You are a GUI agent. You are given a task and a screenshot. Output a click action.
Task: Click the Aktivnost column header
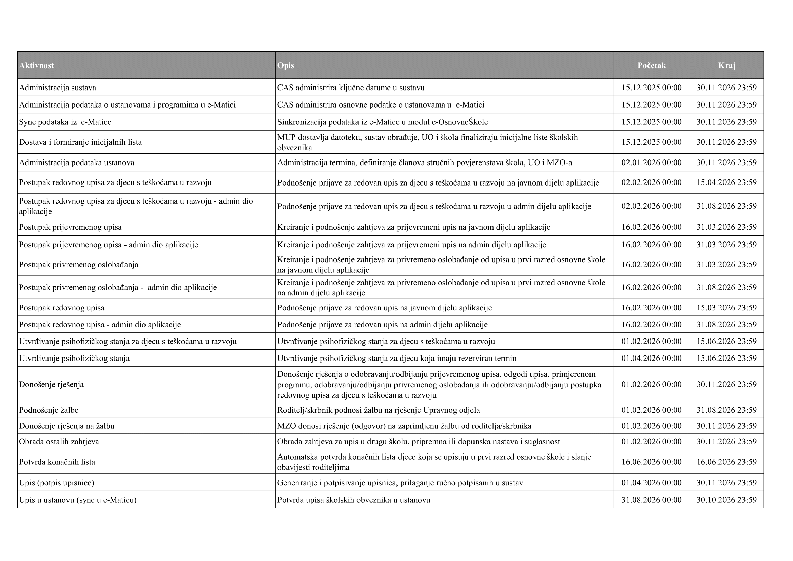tap(37, 66)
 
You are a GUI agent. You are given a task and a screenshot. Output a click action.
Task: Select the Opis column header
tap(286, 66)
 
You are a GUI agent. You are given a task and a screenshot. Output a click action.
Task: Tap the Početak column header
tap(651, 66)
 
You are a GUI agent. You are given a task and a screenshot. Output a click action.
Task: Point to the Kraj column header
tap(727, 66)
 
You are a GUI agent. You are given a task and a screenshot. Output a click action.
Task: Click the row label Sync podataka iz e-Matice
tap(65, 122)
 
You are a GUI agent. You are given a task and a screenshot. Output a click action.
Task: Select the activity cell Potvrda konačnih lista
tap(57, 462)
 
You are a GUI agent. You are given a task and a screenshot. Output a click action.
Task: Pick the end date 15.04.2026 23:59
tap(727, 182)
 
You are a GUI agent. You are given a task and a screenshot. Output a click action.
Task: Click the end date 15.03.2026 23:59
tap(727, 308)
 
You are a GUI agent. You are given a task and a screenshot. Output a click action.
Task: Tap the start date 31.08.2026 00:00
tap(651, 500)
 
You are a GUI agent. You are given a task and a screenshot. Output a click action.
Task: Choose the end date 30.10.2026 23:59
tap(727, 500)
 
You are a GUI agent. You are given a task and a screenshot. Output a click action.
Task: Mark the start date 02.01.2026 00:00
tap(651, 163)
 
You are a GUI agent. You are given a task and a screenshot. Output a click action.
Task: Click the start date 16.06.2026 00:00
tap(651, 462)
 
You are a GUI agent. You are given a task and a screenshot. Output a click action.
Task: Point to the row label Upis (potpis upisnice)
tap(57, 483)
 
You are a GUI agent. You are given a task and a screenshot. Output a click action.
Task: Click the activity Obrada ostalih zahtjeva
tap(59, 442)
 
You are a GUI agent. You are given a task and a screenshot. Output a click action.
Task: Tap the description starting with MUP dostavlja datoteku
tap(427, 142)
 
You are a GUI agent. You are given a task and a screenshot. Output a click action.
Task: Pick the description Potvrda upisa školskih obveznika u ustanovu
tap(354, 500)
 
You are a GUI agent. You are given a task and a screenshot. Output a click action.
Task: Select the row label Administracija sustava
tap(58, 88)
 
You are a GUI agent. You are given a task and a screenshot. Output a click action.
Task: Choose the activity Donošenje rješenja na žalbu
tap(67, 426)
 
